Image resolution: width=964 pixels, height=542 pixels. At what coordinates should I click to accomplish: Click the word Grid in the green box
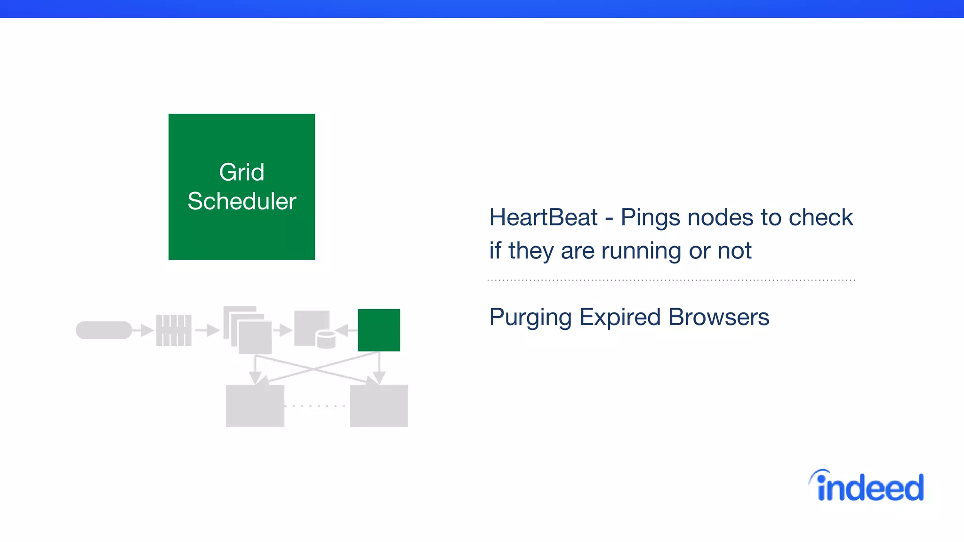[x=241, y=172]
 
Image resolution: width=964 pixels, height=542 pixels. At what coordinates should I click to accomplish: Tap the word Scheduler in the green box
[x=241, y=201]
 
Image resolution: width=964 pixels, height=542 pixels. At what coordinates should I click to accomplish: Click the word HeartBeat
[x=543, y=217]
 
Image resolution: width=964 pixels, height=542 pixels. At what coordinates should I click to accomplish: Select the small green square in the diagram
[x=379, y=330]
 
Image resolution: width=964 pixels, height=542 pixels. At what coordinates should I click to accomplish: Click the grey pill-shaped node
[x=104, y=330]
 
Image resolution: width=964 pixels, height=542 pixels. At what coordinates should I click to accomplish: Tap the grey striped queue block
[x=174, y=330]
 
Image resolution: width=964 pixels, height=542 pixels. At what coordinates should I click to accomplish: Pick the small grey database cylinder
[x=326, y=340]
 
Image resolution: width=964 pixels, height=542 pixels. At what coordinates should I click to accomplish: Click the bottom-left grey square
[x=255, y=406]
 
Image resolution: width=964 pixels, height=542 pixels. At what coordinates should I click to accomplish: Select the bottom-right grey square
[x=379, y=406]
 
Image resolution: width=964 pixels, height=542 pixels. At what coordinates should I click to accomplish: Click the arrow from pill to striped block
[x=143, y=330]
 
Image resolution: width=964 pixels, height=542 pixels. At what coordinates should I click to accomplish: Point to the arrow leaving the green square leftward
[x=346, y=330]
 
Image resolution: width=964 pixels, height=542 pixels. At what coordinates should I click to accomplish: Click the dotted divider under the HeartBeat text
[x=671, y=280]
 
